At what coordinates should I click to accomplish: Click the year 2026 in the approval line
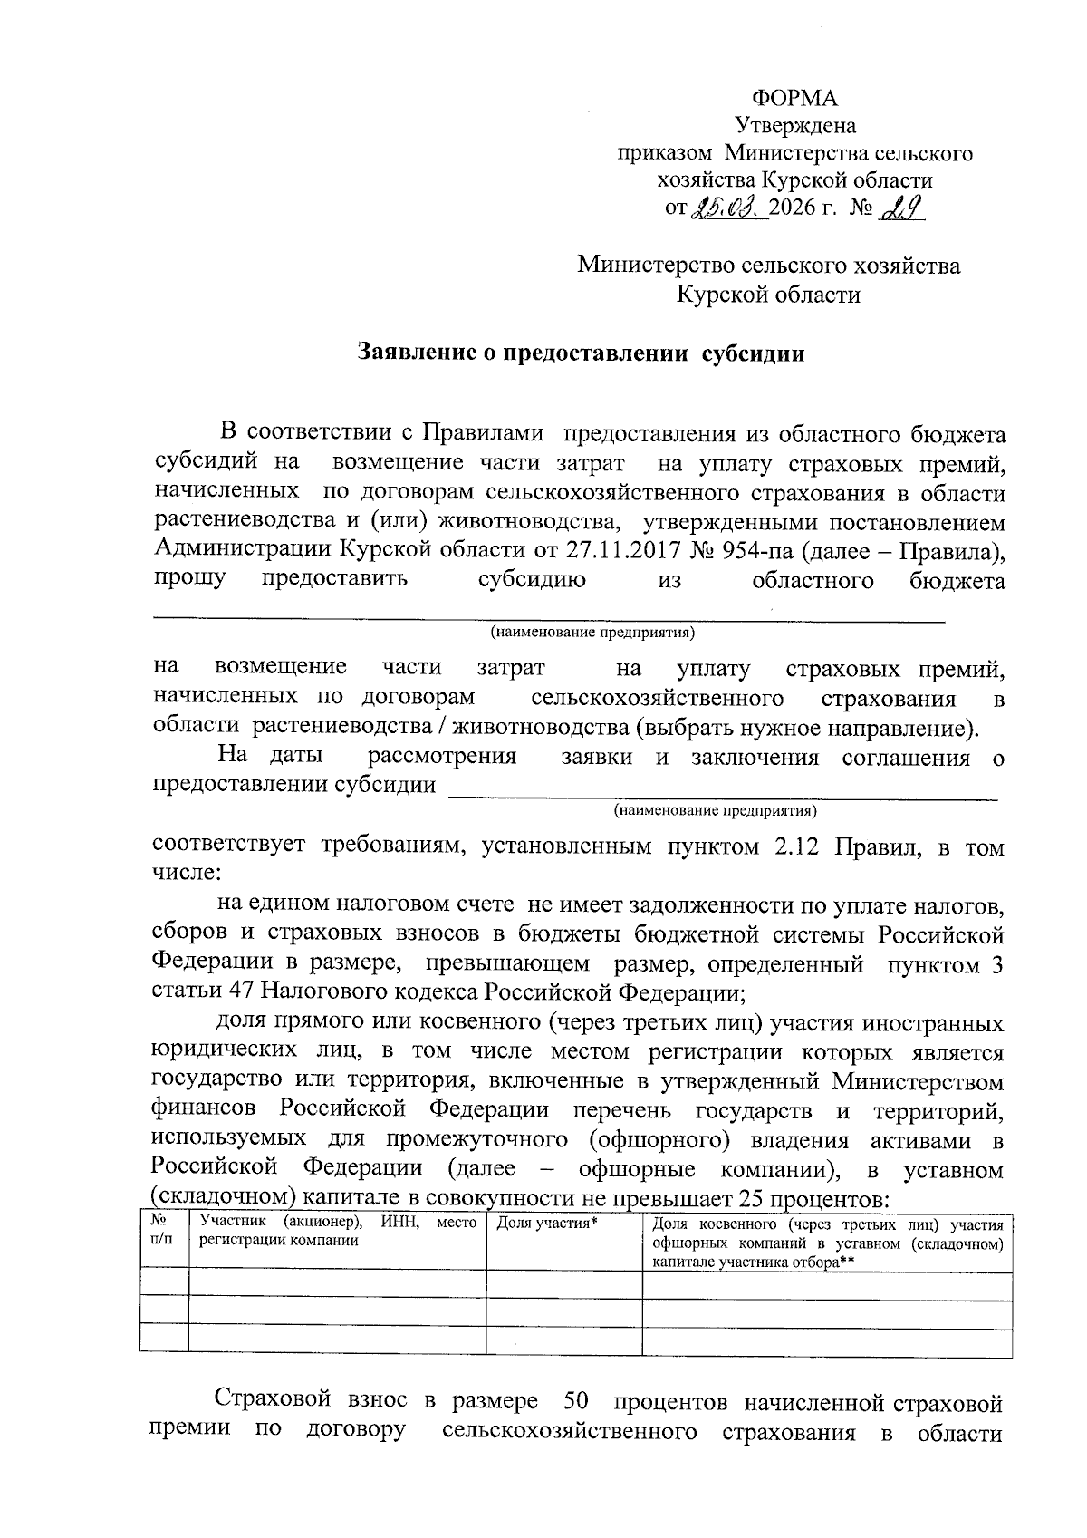pyautogui.click(x=791, y=209)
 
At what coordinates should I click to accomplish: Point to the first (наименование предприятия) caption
pyautogui.click(x=592, y=631)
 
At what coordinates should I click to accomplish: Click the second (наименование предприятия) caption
pyautogui.click(x=716, y=808)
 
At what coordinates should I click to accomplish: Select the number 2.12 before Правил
pyautogui.click(x=797, y=847)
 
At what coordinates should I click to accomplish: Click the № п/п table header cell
pyautogui.click(x=163, y=1231)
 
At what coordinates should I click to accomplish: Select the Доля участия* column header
pyautogui.click(x=548, y=1224)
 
